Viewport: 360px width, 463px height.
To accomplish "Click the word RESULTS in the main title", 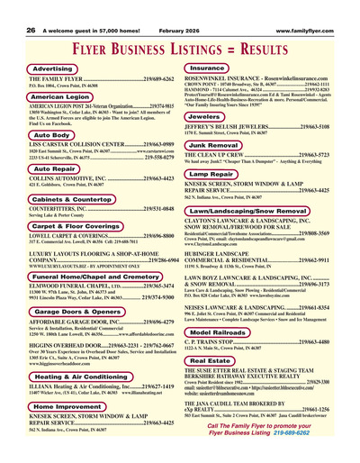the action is click(253, 46).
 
